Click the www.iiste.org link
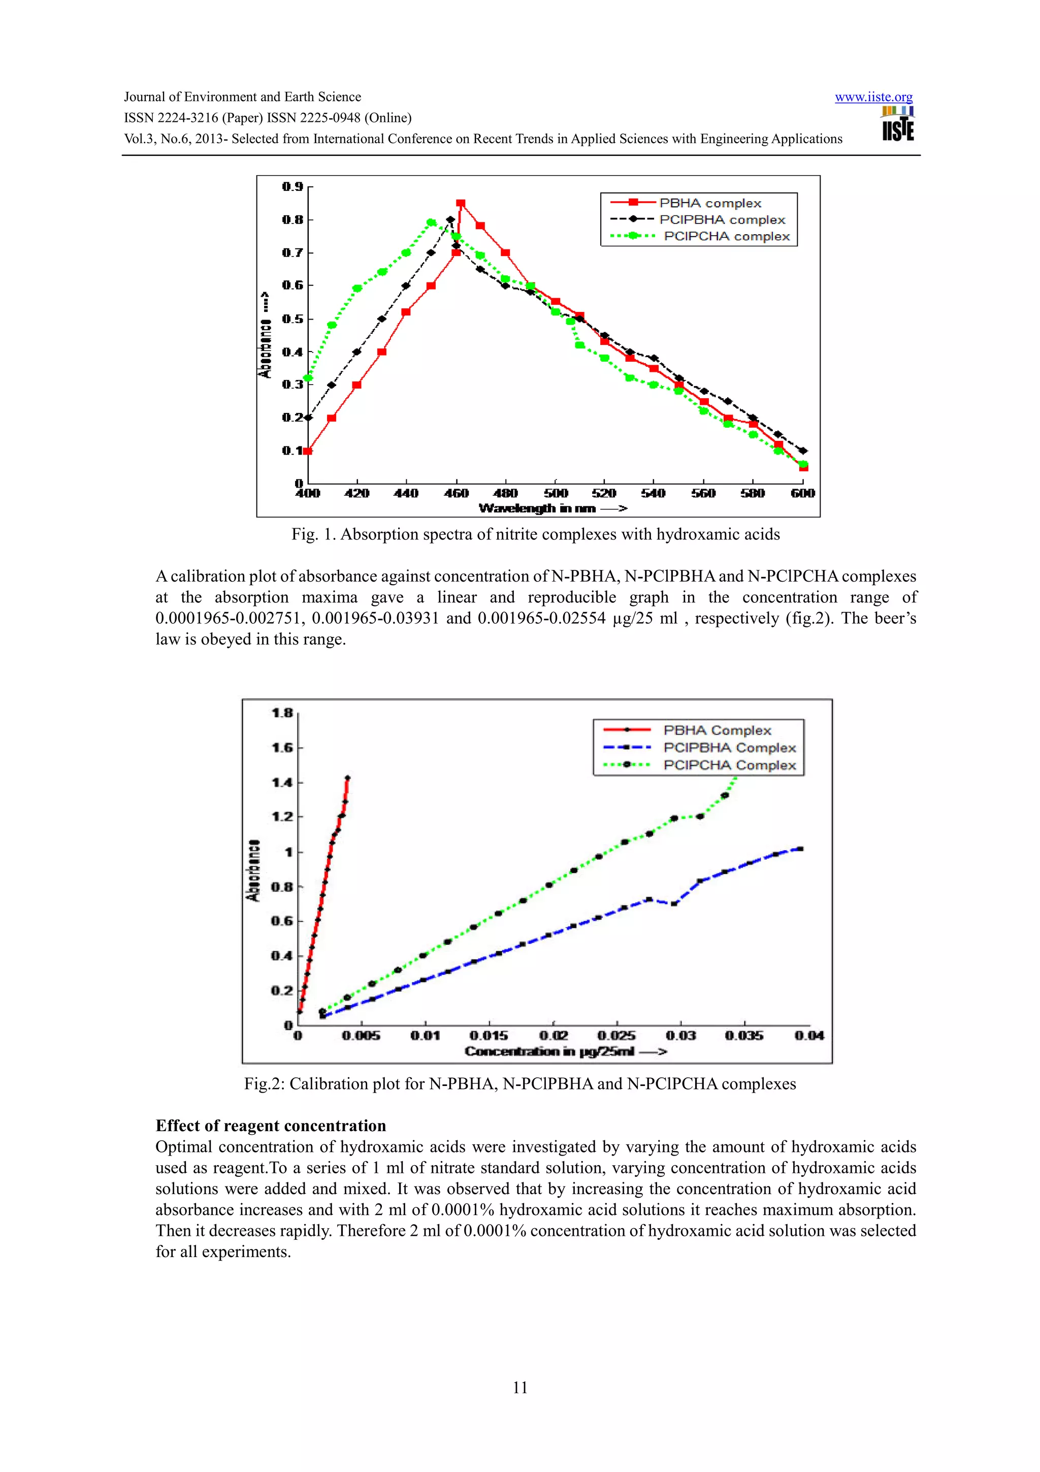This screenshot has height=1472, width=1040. point(873,98)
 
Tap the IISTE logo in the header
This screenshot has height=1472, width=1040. point(898,124)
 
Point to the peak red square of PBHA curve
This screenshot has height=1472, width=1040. point(460,204)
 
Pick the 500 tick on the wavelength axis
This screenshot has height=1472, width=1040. point(556,493)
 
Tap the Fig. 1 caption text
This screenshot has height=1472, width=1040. point(536,535)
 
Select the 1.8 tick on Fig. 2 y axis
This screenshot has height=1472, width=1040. point(282,713)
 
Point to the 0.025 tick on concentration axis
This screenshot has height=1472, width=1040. point(616,1036)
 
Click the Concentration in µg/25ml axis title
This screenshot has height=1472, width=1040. point(565,1051)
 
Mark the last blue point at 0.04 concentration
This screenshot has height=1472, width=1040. point(800,849)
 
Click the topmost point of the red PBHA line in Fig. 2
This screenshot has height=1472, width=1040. point(347,778)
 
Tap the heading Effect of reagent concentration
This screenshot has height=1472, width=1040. point(271,1126)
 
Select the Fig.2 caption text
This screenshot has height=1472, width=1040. point(519,1084)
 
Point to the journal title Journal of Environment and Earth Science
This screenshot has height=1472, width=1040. point(242,97)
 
